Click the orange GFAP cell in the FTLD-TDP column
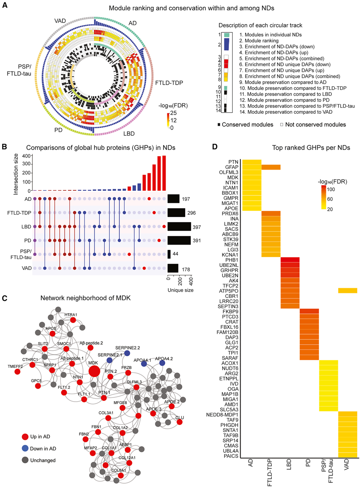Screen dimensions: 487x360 (271, 167)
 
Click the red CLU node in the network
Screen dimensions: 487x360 (180, 422)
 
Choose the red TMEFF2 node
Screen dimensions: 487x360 (17, 371)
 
